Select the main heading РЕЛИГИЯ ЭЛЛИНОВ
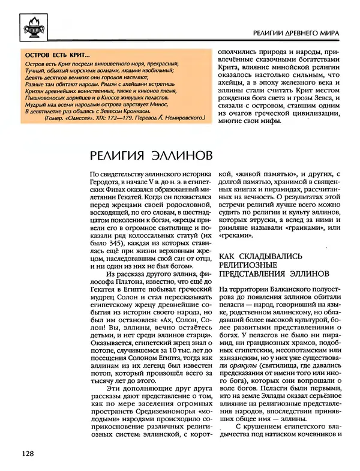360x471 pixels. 150,155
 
